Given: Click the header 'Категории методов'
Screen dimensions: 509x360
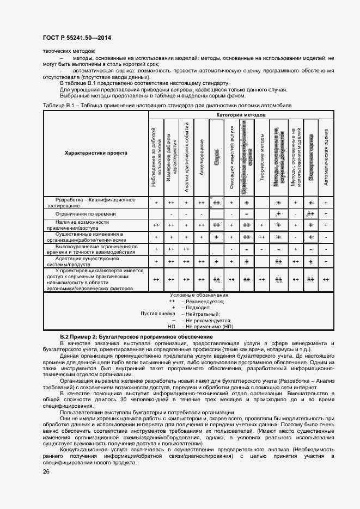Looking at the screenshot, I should coord(241,115).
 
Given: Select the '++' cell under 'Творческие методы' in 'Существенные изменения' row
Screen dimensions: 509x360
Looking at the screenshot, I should coord(262,237).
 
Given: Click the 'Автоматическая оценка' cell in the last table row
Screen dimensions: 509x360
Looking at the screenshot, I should coord(326,279).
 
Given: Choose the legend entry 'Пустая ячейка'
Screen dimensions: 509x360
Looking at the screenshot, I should coord(158,314).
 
